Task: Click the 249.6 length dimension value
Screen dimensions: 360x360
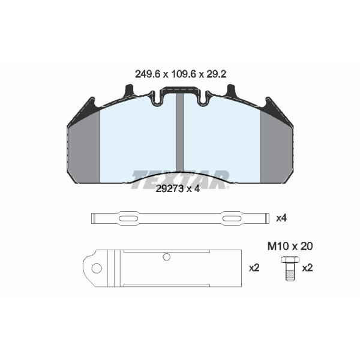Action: coord(148,74)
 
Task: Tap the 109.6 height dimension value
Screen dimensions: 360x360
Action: coord(184,74)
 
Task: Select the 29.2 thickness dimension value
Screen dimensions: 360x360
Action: coord(216,74)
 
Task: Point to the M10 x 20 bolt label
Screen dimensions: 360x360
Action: coord(290,247)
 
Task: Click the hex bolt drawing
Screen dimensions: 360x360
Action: coord(290,268)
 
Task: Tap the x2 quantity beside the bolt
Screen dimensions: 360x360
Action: coord(307,268)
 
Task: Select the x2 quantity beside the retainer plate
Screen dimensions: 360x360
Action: coord(254,268)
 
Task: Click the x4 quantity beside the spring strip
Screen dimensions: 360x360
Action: coord(281,218)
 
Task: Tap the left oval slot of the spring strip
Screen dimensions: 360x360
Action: coord(128,218)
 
